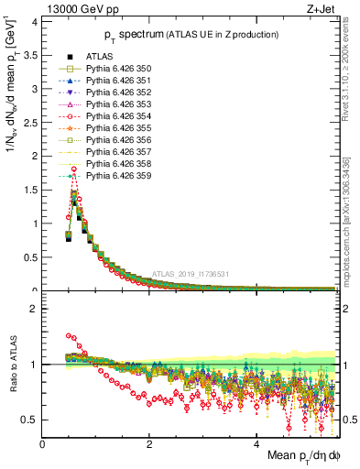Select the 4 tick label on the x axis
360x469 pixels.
(x=256, y=443)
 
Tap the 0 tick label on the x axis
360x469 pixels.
(x=42, y=443)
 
